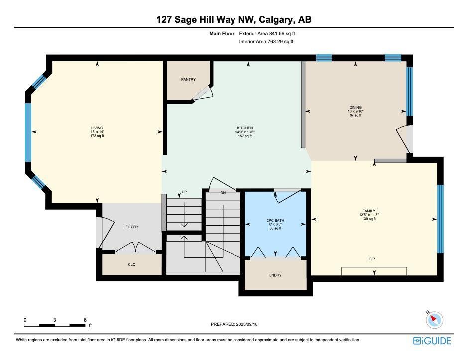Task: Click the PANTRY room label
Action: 188,79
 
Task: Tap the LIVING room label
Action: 97,128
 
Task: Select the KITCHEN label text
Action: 245,128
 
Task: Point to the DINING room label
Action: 355,107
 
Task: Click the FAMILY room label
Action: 369,211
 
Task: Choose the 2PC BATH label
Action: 275,220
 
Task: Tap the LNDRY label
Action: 275,275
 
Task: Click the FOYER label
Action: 131,227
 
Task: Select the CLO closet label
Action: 131,264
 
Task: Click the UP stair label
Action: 184,192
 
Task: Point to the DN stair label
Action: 223,193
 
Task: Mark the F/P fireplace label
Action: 372,259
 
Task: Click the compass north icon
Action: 434,320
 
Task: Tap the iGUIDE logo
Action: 432,341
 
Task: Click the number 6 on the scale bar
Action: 85,320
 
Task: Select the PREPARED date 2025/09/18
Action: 247,324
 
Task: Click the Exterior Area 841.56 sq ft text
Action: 267,34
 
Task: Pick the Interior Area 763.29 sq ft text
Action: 266,42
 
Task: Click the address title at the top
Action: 234,20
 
